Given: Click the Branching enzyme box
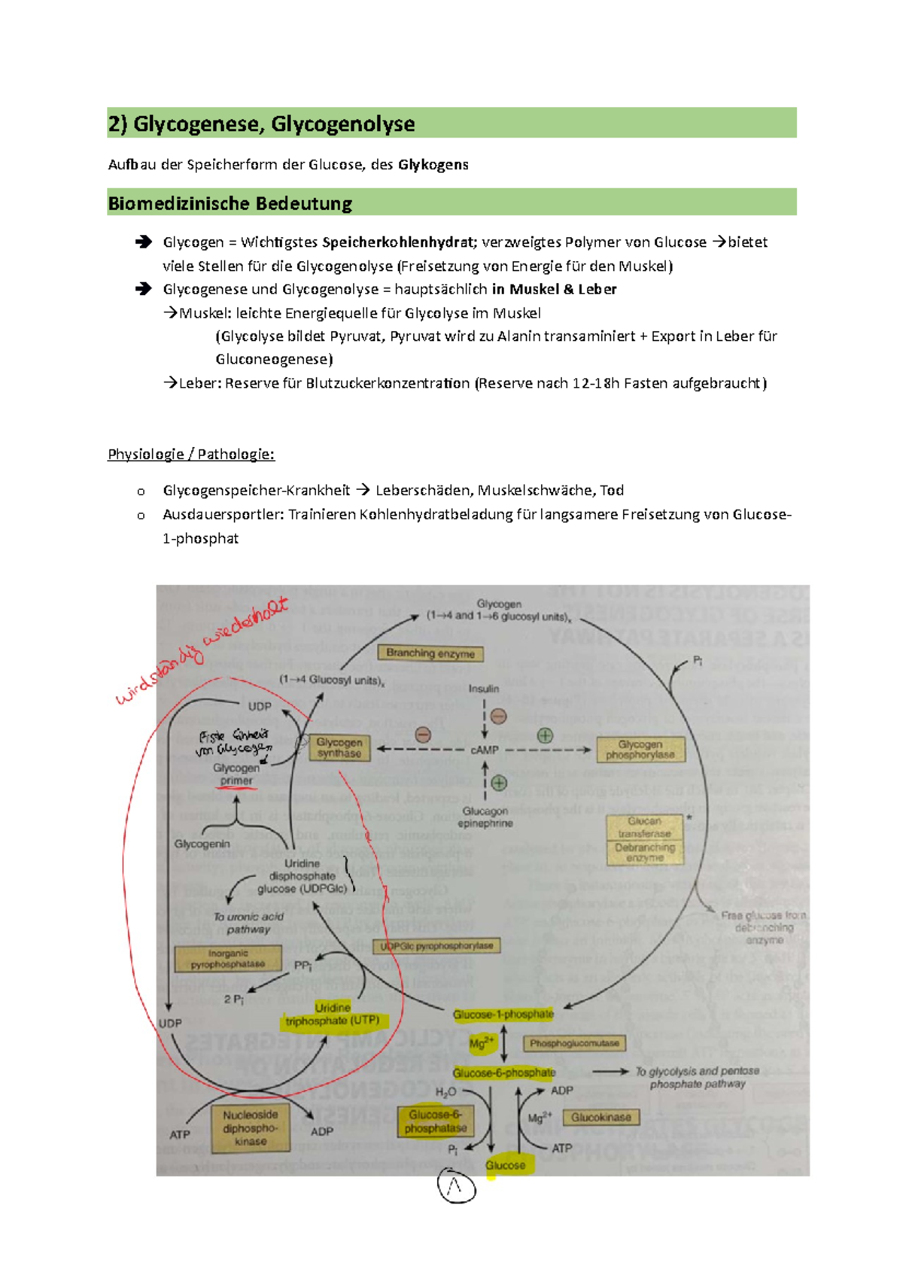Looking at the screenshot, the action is click(430, 653).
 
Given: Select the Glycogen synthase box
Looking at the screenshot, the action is click(339, 748).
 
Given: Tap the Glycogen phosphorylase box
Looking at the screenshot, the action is click(640, 750).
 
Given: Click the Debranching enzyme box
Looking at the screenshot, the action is click(645, 852).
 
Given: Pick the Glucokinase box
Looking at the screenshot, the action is click(601, 1118).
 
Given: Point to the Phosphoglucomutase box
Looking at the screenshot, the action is click(574, 1043).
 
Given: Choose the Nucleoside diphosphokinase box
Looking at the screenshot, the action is click(251, 1128).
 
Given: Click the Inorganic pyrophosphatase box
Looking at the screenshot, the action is click(227, 959).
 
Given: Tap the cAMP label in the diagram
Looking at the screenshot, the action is click(485, 750).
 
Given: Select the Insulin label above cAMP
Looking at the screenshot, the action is click(484, 689).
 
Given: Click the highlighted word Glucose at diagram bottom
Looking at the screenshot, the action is click(505, 1165).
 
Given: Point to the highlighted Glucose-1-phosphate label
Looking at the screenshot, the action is click(503, 1015).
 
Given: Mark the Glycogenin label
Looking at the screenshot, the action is click(202, 844).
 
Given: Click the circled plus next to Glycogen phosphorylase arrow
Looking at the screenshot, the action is click(545, 735).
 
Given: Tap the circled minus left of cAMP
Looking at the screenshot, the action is click(423, 735).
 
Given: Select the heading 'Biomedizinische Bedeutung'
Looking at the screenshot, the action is click(230, 203).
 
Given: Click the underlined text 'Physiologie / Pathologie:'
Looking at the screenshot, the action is click(191, 454).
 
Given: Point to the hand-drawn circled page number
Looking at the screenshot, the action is click(456, 1187).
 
